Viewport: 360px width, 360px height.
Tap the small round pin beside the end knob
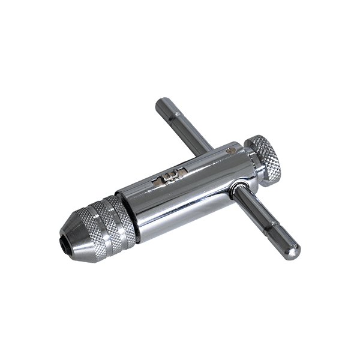pyautogui.click(x=232, y=152)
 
